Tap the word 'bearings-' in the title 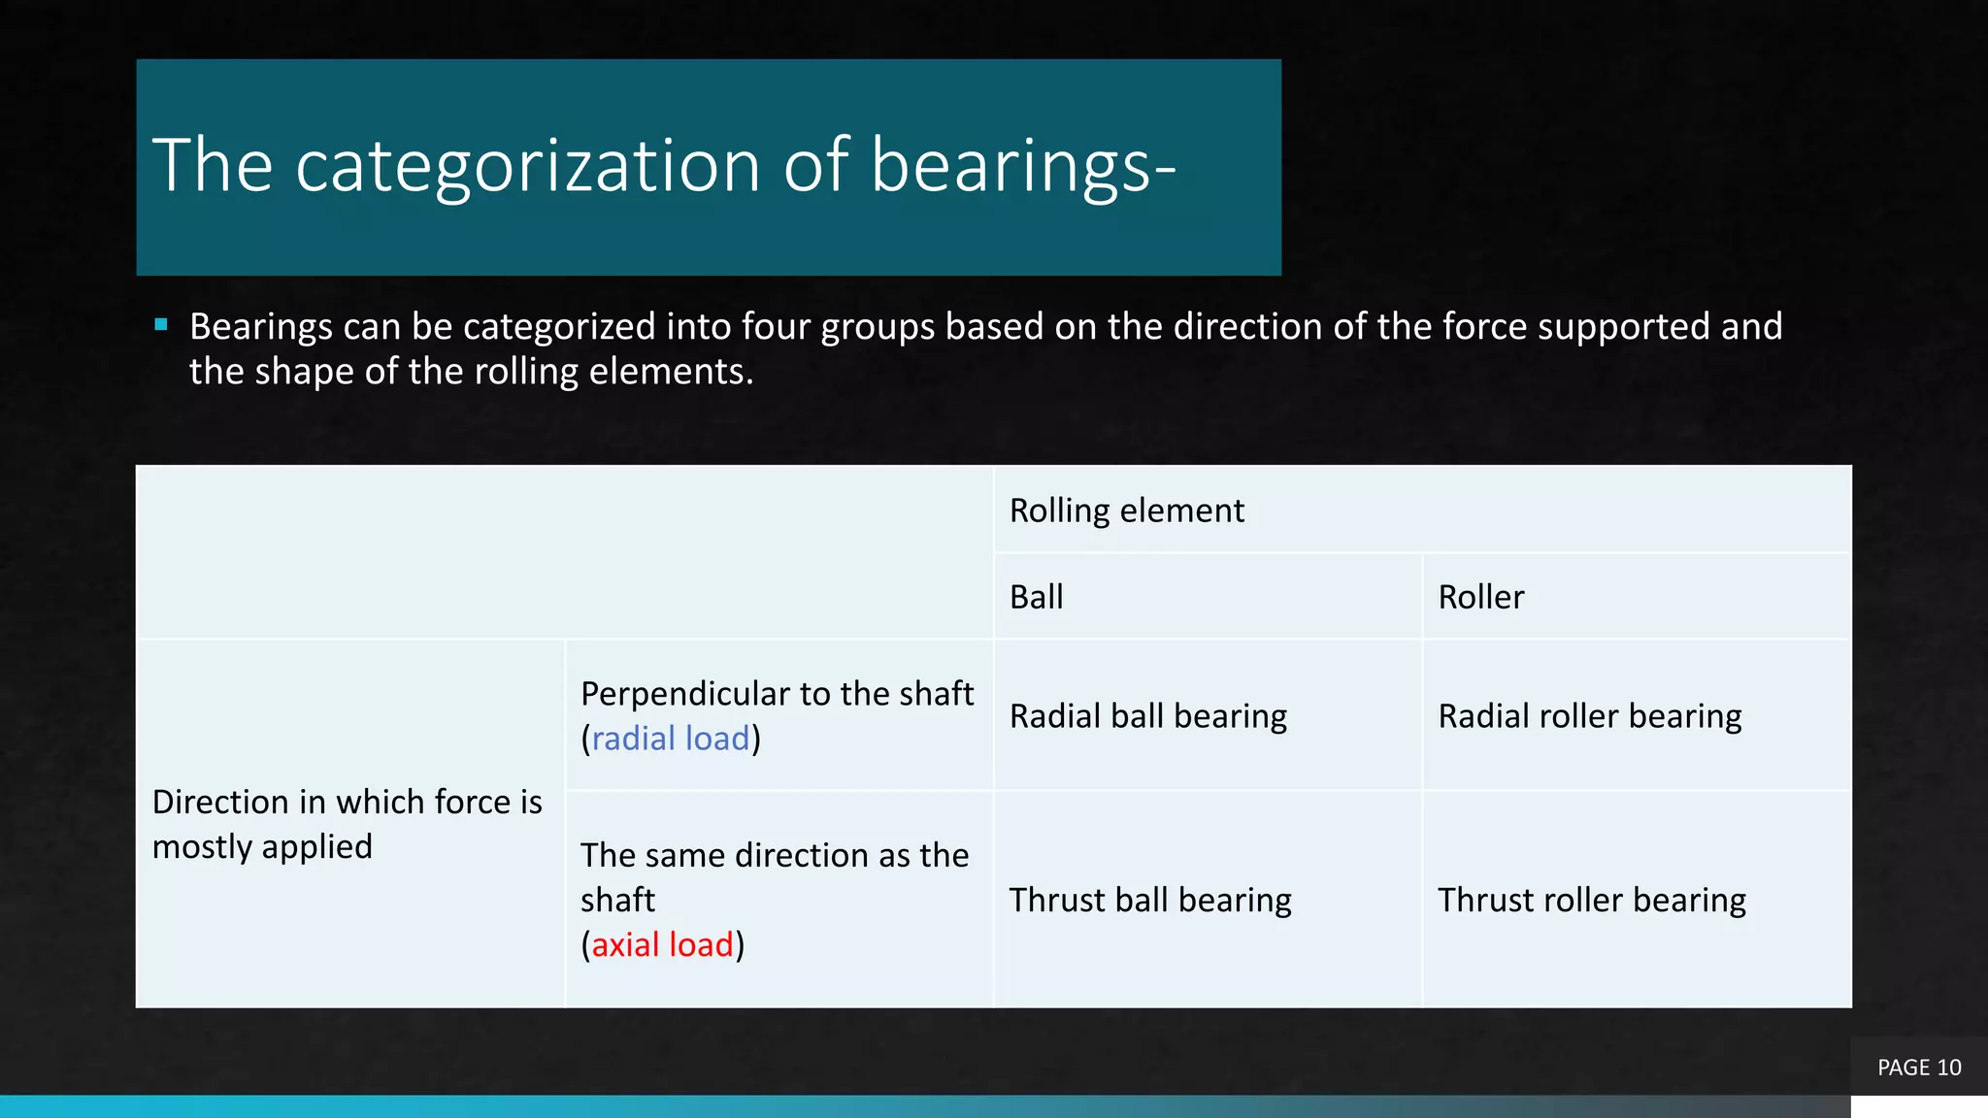coord(1022,166)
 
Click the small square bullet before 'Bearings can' coord(161,325)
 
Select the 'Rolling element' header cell coord(1126,510)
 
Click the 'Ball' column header coord(1036,597)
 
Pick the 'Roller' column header coord(1480,597)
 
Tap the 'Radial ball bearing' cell coord(1147,716)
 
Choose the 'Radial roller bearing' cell coord(1589,716)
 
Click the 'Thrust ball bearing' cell coord(1149,900)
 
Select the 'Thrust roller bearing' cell coord(1591,900)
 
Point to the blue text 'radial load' coord(670,739)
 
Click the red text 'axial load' coord(662,944)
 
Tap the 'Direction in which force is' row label coord(347,803)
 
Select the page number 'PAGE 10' coord(1918,1068)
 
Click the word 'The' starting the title coord(212,166)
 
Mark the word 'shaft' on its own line coord(617,900)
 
